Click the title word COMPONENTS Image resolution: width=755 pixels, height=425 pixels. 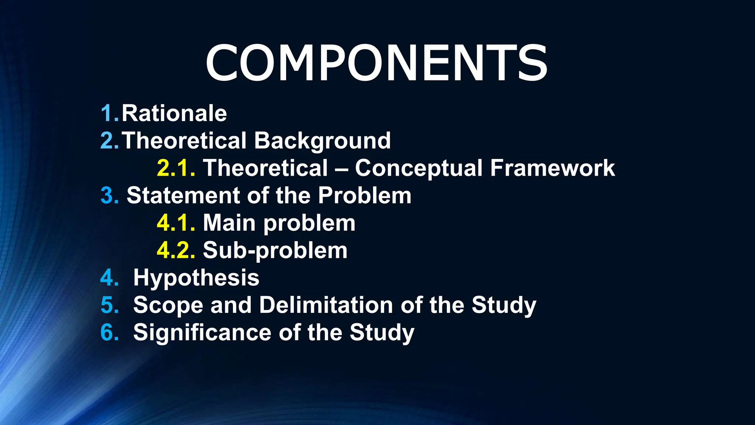376,63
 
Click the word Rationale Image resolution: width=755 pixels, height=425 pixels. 174,113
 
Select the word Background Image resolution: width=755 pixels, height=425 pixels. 322,141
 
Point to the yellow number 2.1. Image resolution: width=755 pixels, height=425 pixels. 176,168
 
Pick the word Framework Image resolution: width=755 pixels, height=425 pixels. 552,168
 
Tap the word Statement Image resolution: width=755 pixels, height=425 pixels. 183,196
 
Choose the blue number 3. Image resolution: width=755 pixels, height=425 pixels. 109,196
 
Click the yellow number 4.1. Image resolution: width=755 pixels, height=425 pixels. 176,223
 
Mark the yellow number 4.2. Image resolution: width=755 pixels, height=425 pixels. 176,250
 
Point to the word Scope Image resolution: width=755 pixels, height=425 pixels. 168,306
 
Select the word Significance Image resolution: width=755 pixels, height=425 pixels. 202,333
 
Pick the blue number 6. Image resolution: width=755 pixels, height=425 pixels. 109,332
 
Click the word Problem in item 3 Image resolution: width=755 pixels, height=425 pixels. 364,196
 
